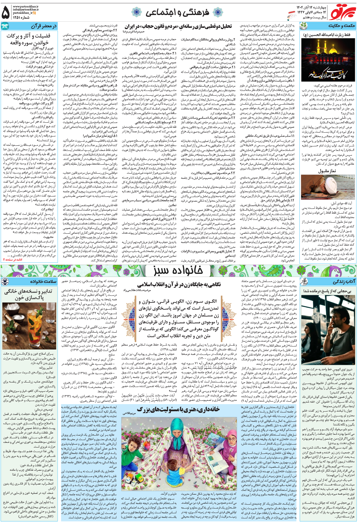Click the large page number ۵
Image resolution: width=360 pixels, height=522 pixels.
click(6, 12)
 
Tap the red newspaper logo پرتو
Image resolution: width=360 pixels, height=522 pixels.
click(342, 12)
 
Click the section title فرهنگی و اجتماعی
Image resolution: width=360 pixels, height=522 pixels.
click(177, 12)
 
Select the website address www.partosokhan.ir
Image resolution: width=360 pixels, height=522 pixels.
click(25, 6)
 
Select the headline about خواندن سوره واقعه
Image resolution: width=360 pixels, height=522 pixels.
click(28, 39)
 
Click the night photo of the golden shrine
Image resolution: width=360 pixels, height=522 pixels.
click(328, 60)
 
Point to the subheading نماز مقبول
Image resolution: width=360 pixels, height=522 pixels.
click(327, 171)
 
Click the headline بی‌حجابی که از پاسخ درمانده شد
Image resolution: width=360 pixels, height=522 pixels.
click(327, 291)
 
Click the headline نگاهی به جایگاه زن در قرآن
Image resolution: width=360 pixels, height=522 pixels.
click(179, 284)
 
